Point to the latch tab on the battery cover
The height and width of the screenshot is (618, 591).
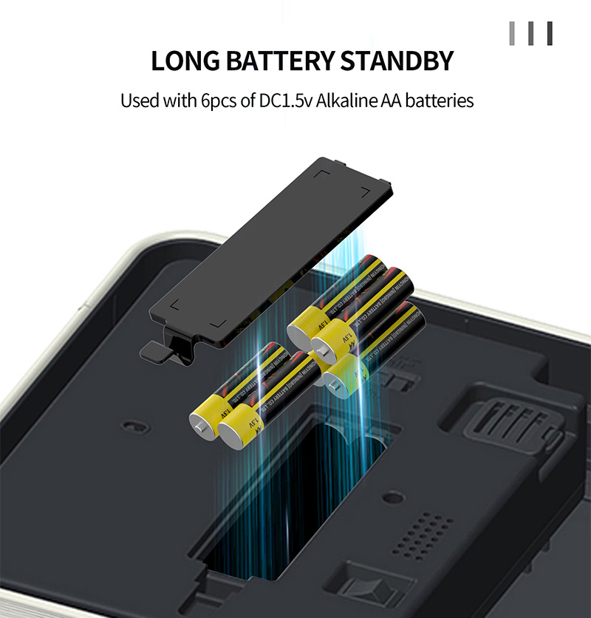(159, 351)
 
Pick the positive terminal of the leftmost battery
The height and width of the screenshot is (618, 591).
(200, 427)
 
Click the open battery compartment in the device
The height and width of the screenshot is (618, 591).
(295, 503)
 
